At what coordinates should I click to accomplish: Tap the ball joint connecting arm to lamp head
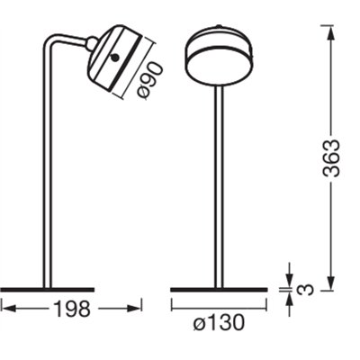coord(92,41)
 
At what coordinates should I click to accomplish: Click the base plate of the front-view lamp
coord(220,290)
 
